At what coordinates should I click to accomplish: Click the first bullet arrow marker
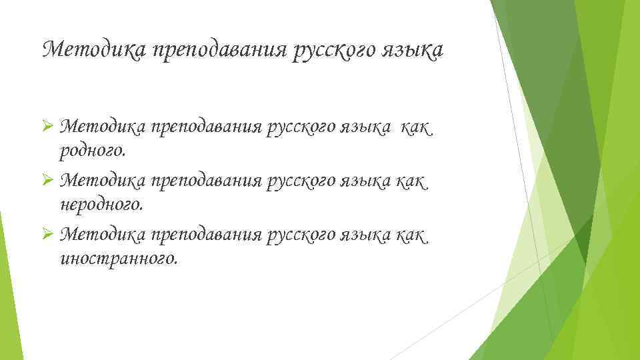[x=47, y=127]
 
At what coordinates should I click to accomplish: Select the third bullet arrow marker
[x=47, y=234]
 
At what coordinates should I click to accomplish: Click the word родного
[x=93, y=151]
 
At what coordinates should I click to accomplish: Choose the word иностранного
[x=119, y=258]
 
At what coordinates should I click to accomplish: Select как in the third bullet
[x=413, y=234]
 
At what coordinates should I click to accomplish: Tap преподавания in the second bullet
[x=206, y=181]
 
